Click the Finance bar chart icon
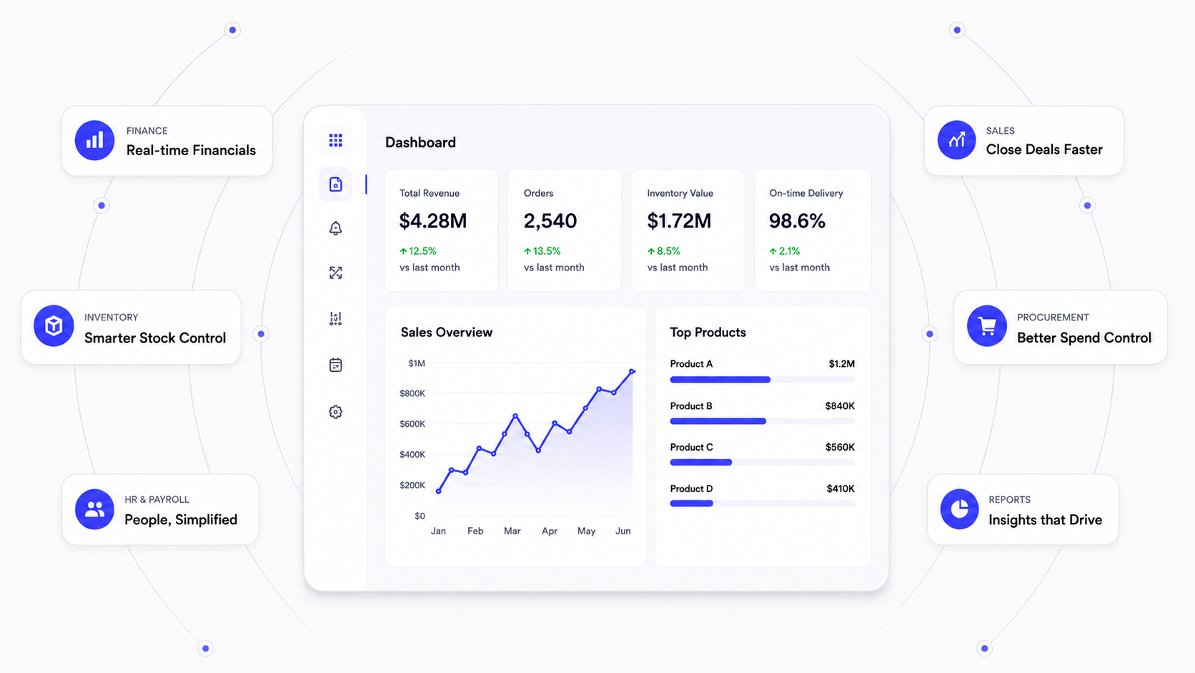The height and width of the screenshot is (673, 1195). pyautogui.click(x=94, y=140)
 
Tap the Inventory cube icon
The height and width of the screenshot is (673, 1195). pyautogui.click(x=54, y=325)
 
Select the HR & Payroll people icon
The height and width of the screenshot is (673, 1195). pyautogui.click(x=94, y=509)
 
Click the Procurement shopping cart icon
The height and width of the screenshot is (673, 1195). pyautogui.click(x=987, y=325)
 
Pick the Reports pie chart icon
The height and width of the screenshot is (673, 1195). pyautogui.click(x=959, y=509)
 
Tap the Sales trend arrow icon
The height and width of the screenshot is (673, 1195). pyautogui.click(x=956, y=140)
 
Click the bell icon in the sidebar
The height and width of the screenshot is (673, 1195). pyautogui.click(x=336, y=228)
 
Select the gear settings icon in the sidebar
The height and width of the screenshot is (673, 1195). pyautogui.click(x=336, y=412)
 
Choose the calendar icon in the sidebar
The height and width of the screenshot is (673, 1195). pyautogui.click(x=336, y=365)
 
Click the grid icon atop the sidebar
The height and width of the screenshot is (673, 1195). pyautogui.click(x=336, y=140)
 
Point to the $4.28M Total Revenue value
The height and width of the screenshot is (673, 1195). pyautogui.click(x=433, y=221)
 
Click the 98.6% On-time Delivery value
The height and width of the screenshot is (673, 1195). pyautogui.click(x=797, y=221)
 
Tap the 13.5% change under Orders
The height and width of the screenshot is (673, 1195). pyautogui.click(x=542, y=251)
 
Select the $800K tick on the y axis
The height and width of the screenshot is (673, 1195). pyautogui.click(x=412, y=393)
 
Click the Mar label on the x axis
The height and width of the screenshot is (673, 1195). pyautogui.click(x=512, y=531)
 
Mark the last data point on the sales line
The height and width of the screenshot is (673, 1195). pyautogui.click(x=633, y=371)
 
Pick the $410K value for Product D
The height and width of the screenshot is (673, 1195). pyautogui.click(x=841, y=488)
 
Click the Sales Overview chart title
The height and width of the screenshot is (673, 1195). pyautogui.click(x=447, y=333)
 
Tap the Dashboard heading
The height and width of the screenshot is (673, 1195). pyautogui.click(x=420, y=142)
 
